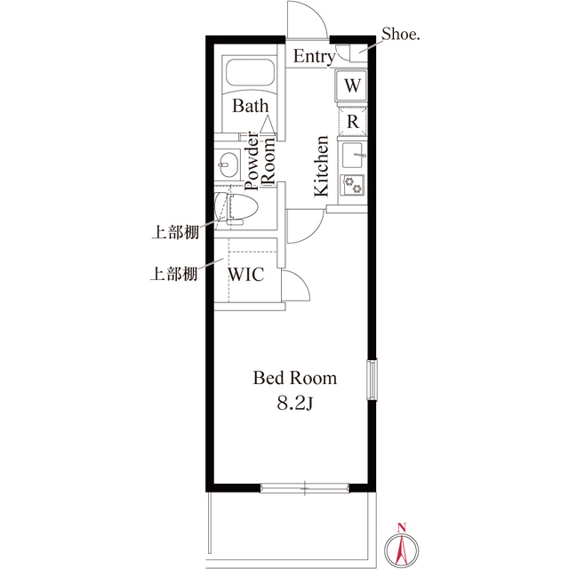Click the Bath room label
tap(251, 106)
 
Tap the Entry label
tap(314, 57)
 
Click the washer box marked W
tap(353, 85)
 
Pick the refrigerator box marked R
tap(353, 120)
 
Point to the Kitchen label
tap(321, 165)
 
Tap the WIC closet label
tap(246, 274)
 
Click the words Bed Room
tap(295, 378)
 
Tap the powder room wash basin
tap(226, 164)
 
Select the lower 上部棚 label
tap(173, 274)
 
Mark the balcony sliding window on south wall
tap(304, 486)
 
